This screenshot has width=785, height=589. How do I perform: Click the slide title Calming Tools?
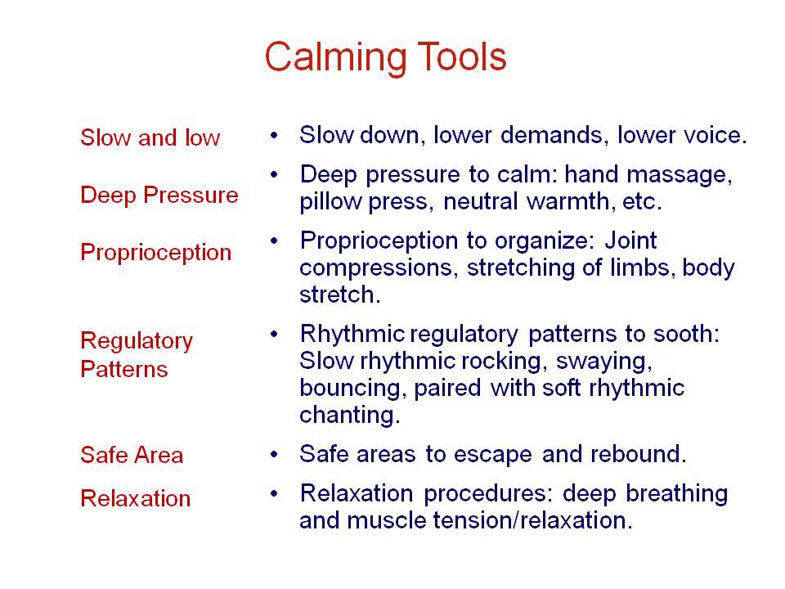[x=385, y=57]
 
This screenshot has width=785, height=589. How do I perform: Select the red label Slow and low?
[x=150, y=137]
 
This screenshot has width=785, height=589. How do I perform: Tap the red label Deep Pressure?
[x=159, y=195]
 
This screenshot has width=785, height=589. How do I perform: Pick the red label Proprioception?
[x=155, y=252]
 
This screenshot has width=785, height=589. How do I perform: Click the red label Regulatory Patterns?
[x=136, y=354]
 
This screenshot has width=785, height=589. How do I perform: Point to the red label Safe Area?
[x=131, y=455]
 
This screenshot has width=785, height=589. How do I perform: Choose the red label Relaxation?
[x=135, y=497]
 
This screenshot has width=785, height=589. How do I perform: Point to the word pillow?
[x=327, y=202]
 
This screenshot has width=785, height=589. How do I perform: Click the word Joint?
[x=630, y=241]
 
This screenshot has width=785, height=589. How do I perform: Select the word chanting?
[x=349, y=415]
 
